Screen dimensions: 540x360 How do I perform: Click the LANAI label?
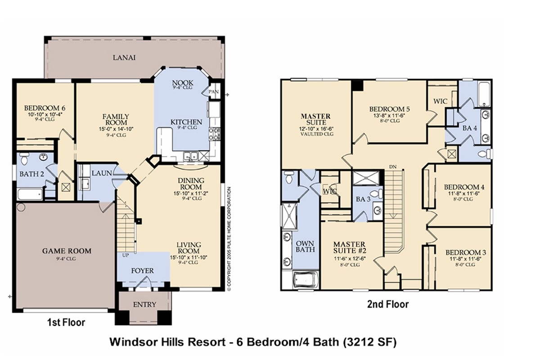click(124, 58)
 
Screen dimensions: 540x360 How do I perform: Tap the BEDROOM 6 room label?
click(45, 108)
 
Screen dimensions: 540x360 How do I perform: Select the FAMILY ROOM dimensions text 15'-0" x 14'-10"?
click(116, 129)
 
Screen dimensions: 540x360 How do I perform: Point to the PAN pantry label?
click(214, 92)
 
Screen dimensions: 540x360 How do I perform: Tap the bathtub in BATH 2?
click(30, 194)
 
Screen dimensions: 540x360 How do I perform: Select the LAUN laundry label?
click(102, 173)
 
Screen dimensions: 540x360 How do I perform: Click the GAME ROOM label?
click(67, 251)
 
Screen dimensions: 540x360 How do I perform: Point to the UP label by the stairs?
click(126, 255)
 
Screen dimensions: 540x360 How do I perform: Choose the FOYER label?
click(142, 270)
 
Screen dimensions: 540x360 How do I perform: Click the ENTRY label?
click(144, 305)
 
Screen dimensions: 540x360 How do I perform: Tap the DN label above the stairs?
click(393, 166)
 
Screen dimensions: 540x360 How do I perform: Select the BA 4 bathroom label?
click(470, 128)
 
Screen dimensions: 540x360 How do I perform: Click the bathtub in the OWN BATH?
click(306, 280)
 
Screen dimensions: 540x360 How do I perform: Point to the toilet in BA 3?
click(376, 193)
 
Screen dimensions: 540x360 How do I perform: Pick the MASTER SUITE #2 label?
click(349, 247)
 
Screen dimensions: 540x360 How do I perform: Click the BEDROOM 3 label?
click(465, 252)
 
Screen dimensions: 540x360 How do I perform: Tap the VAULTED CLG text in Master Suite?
click(317, 134)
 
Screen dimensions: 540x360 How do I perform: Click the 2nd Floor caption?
click(388, 305)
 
